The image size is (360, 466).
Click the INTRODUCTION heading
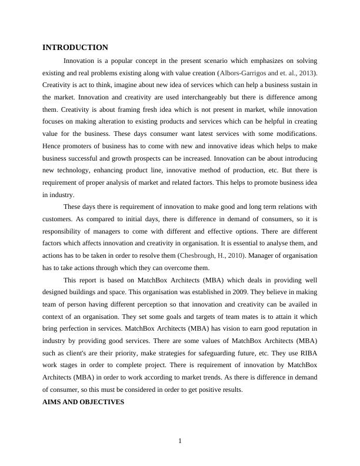[x=75, y=47]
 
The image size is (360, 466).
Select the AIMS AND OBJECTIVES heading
[x=83, y=402]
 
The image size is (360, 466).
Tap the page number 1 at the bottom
[x=180, y=441]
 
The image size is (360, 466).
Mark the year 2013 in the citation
[x=305, y=73]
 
